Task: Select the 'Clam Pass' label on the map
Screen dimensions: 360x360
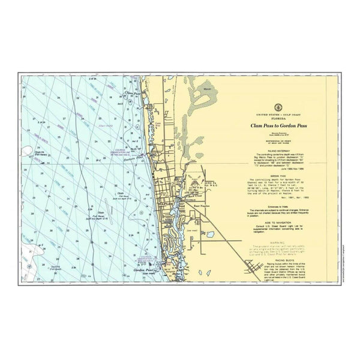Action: pyautogui.click(x=132, y=94)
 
